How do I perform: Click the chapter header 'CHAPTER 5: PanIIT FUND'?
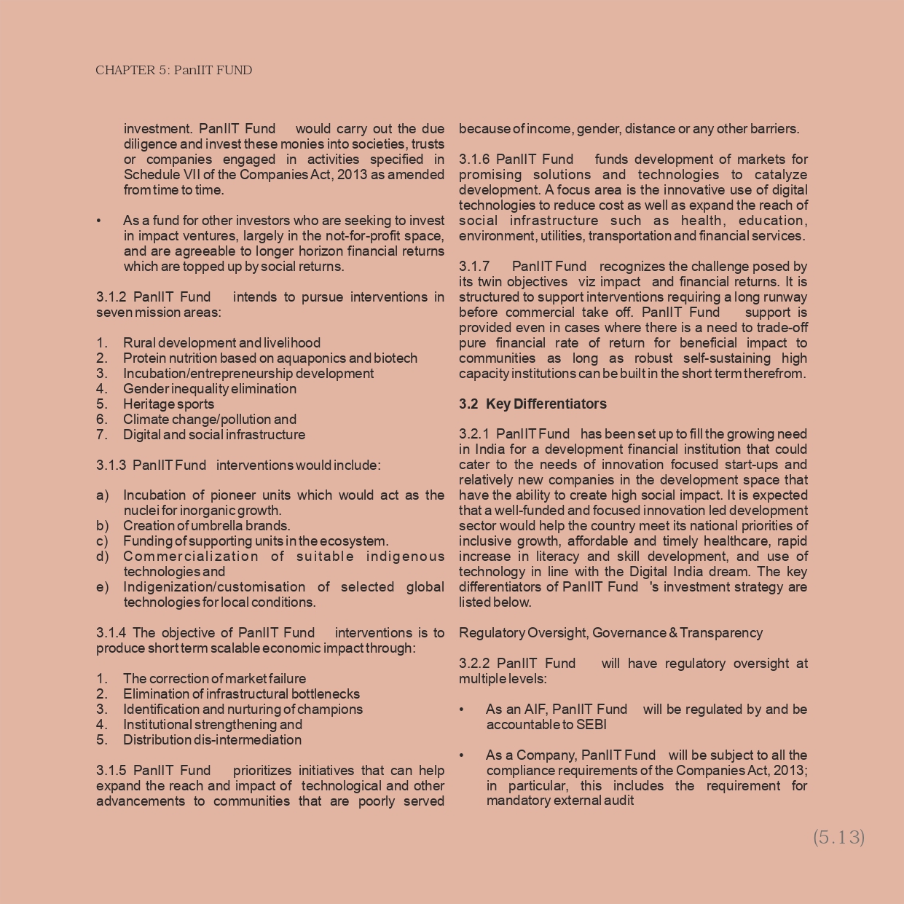(x=173, y=71)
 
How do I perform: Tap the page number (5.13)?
(x=838, y=837)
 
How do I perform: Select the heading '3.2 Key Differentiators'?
(x=532, y=404)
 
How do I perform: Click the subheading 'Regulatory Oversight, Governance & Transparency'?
(x=610, y=633)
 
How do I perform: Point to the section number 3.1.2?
(x=111, y=297)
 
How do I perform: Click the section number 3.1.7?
(x=474, y=267)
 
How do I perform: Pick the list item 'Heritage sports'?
(x=168, y=404)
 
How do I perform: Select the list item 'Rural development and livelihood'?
(x=221, y=343)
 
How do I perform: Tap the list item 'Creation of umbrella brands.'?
(x=206, y=526)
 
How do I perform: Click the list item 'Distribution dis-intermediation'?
(x=212, y=740)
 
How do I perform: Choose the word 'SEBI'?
(x=591, y=725)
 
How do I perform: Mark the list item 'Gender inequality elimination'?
(x=209, y=389)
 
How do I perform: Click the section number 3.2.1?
(x=474, y=434)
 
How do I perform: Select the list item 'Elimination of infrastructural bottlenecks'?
(x=241, y=694)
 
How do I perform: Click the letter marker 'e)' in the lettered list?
(x=102, y=587)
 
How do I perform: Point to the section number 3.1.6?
(x=474, y=160)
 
